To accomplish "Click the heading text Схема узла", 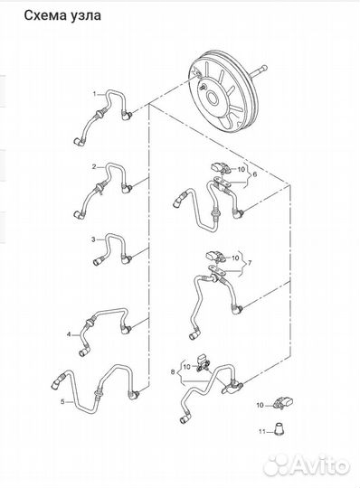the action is pos(62,15).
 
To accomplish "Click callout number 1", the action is pos(95,93).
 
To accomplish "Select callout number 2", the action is pos(94,167).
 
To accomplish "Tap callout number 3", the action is pos(93,239).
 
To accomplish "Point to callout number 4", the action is pos(69,334).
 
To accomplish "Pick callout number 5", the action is pos(62,402).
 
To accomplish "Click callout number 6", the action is pos(255,174).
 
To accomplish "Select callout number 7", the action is pos(249,263).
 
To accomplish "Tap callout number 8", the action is pos(173,371).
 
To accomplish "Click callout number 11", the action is pos(262,431).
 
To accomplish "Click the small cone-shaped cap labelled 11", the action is pos(279,428).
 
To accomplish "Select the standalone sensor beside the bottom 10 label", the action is pos(284,403).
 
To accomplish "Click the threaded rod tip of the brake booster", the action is pos(264,68).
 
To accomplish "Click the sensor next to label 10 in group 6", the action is pos(221,168).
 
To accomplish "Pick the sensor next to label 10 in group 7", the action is pos(215,256).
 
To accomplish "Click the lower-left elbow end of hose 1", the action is pos(78,142).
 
